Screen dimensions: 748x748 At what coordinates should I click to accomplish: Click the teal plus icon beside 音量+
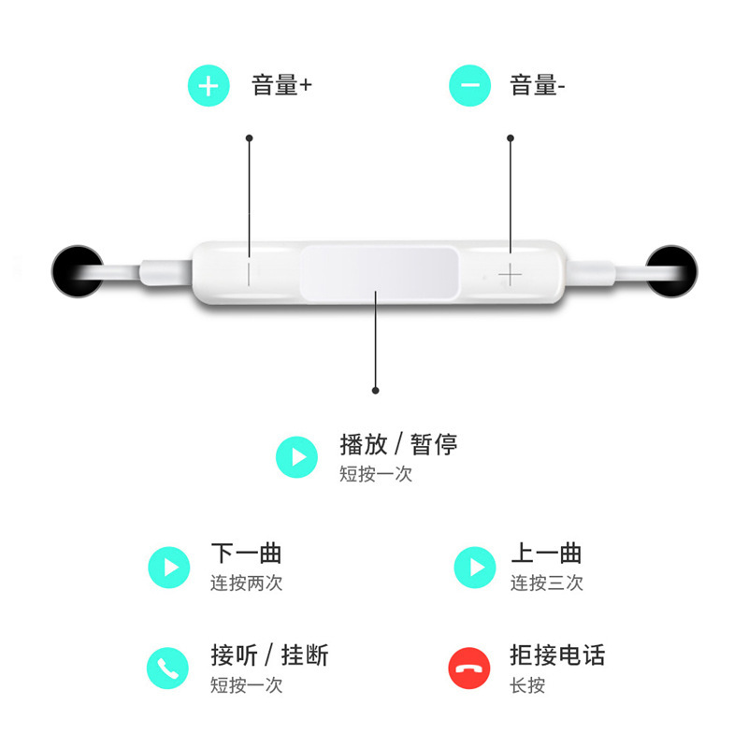[x=209, y=86]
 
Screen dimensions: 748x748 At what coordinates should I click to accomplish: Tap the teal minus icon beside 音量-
[x=470, y=86]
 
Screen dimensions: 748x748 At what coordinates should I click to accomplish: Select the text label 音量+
[x=281, y=86]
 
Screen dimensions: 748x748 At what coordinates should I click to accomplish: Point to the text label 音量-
[x=538, y=86]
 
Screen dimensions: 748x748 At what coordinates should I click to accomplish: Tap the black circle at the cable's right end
[x=672, y=270]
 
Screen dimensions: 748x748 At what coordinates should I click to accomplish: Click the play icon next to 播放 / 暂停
[x=297, y=457]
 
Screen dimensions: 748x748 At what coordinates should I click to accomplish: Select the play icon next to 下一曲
[x=169, y=567]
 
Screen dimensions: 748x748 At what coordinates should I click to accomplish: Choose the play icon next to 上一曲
[x=475, y=567]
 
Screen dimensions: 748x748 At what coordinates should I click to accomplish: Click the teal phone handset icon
[x=169, y=668]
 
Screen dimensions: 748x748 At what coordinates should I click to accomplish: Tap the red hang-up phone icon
[x=469, y=668]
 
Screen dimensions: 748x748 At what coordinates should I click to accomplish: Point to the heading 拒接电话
[x=557, y=654]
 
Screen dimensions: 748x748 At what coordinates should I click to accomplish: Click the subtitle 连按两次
[x=246, y=583]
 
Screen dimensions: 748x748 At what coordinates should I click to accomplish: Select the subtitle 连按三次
[x=546, y=583]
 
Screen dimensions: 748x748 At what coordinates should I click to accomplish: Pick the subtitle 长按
[x=527, y=685]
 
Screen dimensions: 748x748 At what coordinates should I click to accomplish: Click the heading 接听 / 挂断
[x=269, y=654]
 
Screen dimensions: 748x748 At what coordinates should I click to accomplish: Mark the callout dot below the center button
[x=375, y=391]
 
